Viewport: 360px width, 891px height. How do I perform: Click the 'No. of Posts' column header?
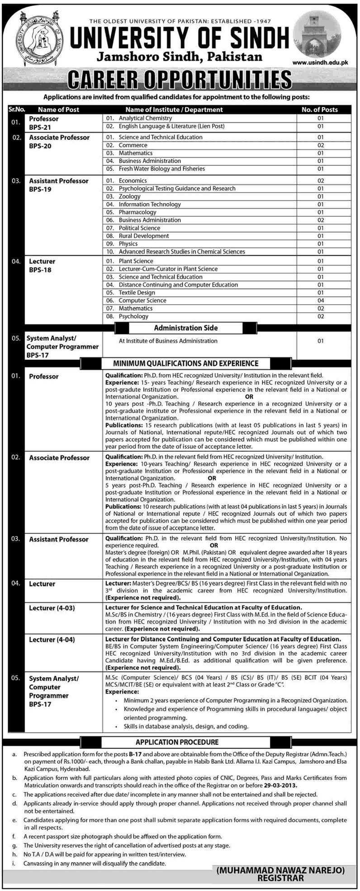tap(320, 110)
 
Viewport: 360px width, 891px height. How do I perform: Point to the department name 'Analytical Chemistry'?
tap(145, 118)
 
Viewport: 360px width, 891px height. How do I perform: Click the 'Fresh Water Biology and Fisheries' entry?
tap(161, 169)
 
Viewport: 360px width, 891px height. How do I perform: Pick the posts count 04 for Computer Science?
tap(321, 300)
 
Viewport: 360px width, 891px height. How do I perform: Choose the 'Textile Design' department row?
tap(137, 292)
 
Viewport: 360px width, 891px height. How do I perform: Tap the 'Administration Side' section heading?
tap(186, 328)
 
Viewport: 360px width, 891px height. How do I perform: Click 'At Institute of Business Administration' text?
tap(168, 341)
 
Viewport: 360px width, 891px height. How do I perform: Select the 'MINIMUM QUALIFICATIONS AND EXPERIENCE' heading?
tap(186, 363)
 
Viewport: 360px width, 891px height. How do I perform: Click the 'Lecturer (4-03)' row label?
tap(52, 608)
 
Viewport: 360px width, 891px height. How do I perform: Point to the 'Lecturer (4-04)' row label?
tap(52, 640)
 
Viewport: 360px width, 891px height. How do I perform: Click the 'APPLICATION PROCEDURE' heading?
tap(177, 742)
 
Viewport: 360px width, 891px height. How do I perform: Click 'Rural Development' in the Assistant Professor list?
tap(144, 236)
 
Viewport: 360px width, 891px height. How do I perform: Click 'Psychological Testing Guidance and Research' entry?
tap(177, 188)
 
